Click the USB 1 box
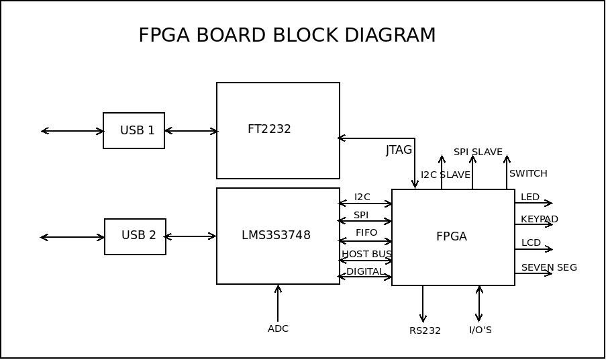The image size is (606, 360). tap(134, 130)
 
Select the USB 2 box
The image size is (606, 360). tap(135, 236)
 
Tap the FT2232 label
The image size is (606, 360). tap(269, 129)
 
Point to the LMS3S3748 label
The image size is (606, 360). tap(276, 235)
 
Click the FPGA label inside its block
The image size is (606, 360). tap(452, 236)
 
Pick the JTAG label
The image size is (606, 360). tap(399, 150)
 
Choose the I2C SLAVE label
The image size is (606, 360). tap(446, 175)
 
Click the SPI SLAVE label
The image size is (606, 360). tap(478, 152)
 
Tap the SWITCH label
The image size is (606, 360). tap(528, 173)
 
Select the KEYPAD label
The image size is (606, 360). tap(540, 219)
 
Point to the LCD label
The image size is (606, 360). tap(531, 242)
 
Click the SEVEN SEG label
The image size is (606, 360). tap(549, 267)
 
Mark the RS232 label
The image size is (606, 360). tap(425, 330)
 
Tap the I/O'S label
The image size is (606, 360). tap(481, 330)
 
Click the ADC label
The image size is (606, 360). tap(278, 328)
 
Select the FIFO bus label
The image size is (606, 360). tap(366, 232)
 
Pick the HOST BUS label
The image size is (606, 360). tap(366, 254)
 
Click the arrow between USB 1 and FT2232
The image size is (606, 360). tap(191, 131)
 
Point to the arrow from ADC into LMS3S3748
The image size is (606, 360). tap(278, 303)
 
